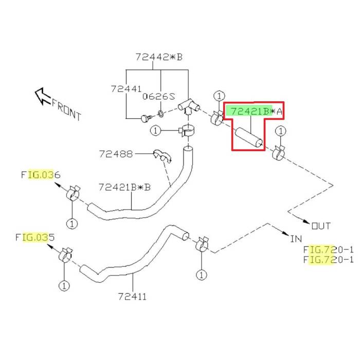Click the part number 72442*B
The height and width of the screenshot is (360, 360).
click(x=159, y=57)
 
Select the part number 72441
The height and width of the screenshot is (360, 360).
click(x=126, y=88)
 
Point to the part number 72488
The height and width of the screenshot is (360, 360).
click(x=116, y=153)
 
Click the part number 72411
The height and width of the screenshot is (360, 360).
click(x=132, y=296)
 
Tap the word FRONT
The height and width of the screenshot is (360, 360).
click(x=66, y=109)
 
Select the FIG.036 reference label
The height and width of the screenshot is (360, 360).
click(x=41, y=175)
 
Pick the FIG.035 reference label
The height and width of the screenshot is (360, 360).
click(x=35, y=238)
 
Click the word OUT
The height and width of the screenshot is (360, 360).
click(x=321, y=225)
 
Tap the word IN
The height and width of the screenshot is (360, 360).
click(x=296, y=239)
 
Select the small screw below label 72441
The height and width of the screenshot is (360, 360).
click(x=145, y=119)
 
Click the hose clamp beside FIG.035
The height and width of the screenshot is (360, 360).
click(x=65, y=254)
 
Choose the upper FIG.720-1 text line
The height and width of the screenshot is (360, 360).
click(x=328, y=249)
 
